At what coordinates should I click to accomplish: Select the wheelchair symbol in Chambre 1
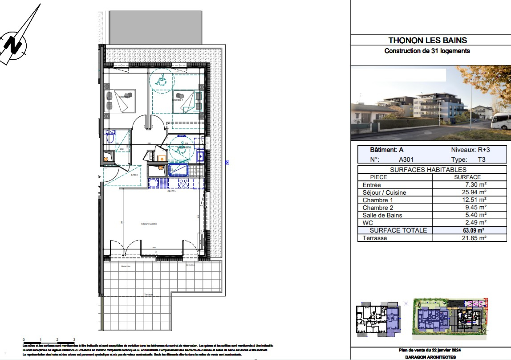click(160, 80)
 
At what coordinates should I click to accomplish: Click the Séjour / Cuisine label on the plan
click(149, 224)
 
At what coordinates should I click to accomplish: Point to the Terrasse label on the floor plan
click(149, 295)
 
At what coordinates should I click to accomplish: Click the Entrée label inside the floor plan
click(134, 175)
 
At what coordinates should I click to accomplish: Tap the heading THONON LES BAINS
click(427, 41)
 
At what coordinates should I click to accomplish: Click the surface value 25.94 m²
click(473, 192)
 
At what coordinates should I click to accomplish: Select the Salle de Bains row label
click(382, 215)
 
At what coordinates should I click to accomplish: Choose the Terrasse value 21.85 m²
click(473, 238)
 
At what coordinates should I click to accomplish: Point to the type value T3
click(482, 159)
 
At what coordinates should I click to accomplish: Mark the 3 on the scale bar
click(74, 340)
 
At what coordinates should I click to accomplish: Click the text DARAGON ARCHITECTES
click(430, 357)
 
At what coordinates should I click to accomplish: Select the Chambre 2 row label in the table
click(378, 208)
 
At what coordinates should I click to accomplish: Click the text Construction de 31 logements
click(427, 51)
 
